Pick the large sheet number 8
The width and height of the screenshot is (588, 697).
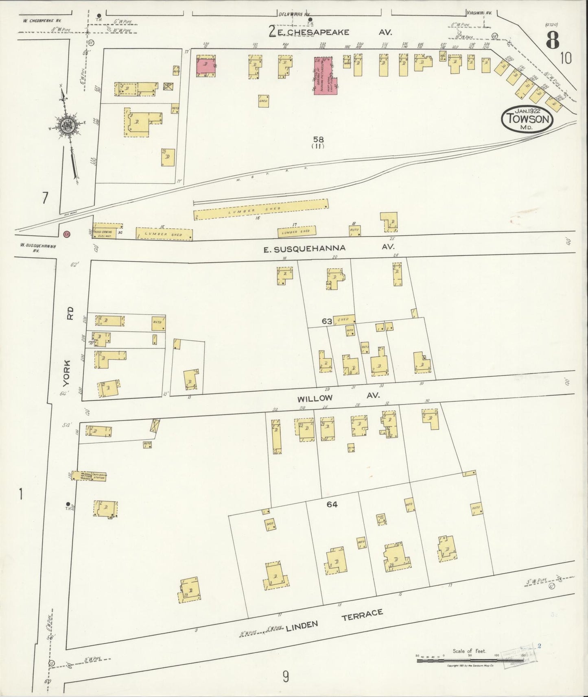click(552, 40)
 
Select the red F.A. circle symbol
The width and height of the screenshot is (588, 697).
click(67, 234)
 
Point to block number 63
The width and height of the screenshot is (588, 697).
click(327, 321)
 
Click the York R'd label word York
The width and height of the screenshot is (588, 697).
click(67, 373)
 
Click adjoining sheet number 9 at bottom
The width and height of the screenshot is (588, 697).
click(286, 677)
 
